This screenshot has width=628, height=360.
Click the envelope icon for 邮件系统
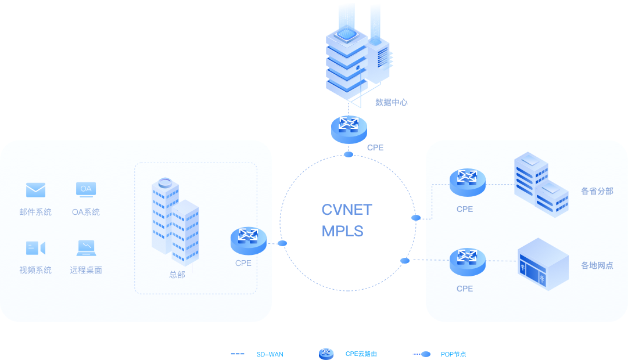click(x=35, y=190)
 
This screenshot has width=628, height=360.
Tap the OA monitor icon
click(x=86, y=189)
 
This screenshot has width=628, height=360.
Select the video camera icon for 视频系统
click(x=35, y=248)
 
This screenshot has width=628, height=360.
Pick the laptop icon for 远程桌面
click(x=86, y=248)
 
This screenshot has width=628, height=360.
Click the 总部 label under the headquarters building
click(x=177, y=275)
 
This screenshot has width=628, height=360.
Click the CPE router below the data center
click(x=349, y=129)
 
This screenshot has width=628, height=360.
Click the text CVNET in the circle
click(x=347, y=210)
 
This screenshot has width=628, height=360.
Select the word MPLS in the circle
click(x=342, y=231)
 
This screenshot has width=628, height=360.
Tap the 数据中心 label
click(x=391, y=102)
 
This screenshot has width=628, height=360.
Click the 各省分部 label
click(x=597, y=191)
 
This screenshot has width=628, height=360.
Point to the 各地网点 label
click(x=597, y=265)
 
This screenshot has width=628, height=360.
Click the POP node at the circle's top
click(x=349, y=154)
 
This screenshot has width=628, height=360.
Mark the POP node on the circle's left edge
click(x=282, y=243)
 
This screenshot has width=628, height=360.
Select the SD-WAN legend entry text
click(x=270, y=354)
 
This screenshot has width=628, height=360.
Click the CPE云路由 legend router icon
click(x=326, y=354)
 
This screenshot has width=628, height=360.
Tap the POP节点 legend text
click(x=453, y=354)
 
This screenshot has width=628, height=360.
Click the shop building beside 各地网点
click(x=543, y=264)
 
